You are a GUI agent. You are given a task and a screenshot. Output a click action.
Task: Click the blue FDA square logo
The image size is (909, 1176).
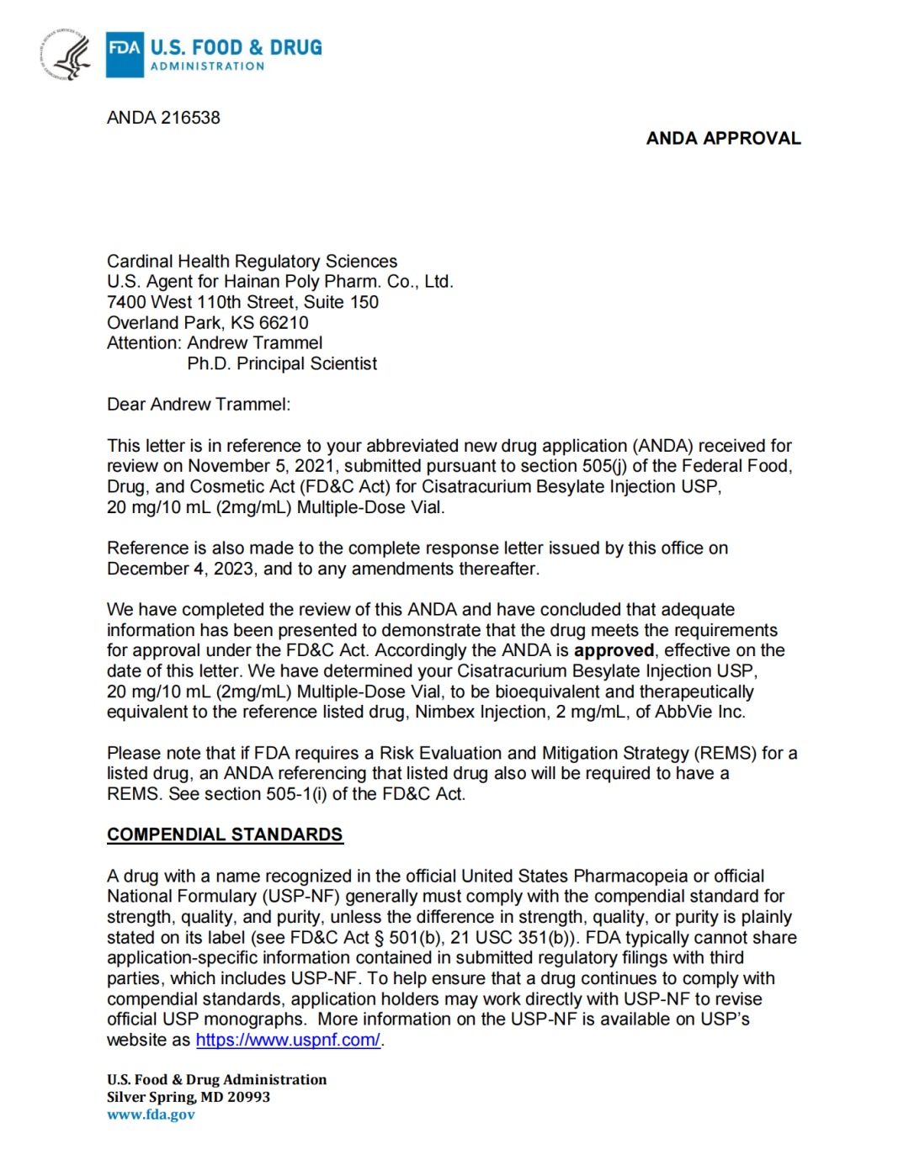click(x=125, y=54)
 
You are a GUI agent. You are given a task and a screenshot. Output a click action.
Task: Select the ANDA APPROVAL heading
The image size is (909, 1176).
click(x=723, y=139)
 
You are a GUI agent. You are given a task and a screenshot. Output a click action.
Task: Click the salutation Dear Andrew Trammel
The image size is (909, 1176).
click(x=198, y=405)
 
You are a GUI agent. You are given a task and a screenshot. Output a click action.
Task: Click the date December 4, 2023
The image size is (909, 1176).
click(x=180, y=569)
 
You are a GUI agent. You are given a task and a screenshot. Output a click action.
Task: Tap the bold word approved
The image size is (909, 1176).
click(x=614, y=650)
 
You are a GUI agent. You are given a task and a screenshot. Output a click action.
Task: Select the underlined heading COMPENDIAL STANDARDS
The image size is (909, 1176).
click(x=225, y=834)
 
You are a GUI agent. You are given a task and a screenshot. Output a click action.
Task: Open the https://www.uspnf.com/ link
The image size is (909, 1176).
click(x=288, y=1040)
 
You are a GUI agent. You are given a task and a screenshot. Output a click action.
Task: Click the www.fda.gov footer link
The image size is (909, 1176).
click(x=151, y=1115)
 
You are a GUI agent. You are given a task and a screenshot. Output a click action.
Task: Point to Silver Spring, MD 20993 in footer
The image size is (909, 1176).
click(x=189, y=1097)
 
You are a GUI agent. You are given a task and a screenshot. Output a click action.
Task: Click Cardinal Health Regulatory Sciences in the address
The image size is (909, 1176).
click(x=252, y=262)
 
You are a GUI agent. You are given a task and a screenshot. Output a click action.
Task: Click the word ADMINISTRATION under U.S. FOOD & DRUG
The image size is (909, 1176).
click(x=207, y=66)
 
